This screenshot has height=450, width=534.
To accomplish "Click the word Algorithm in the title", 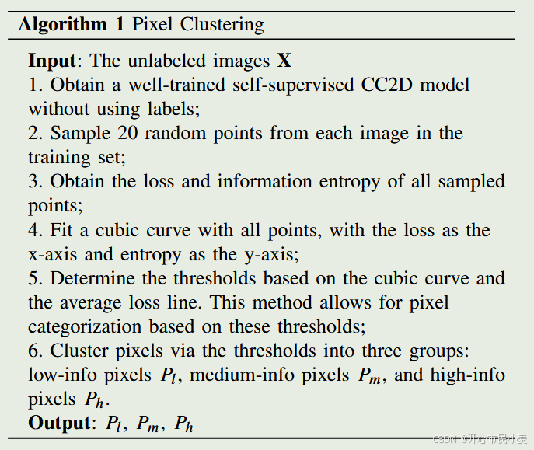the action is point(63,24).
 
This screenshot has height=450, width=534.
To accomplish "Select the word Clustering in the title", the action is point(222,25).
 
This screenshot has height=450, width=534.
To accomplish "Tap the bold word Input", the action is point(52,61).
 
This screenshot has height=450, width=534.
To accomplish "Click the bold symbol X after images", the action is point(284,61).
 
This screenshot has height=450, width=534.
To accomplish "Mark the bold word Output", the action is point(59,424).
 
